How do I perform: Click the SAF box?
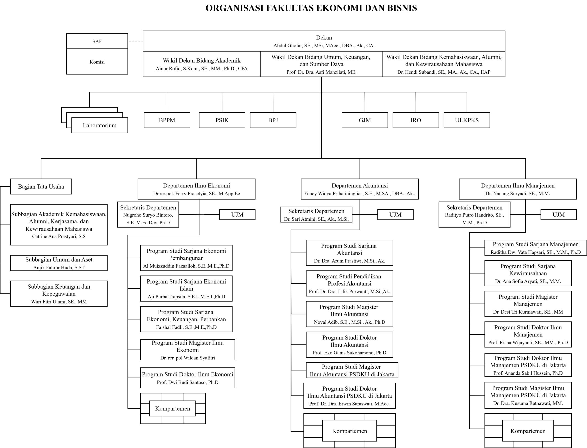(97, 41)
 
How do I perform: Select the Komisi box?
(97, 62)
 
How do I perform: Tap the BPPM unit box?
(167, 120)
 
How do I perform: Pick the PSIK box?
(222, 120)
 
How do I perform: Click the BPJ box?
(273, 120)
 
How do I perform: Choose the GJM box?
(365, 120)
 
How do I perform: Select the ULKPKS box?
(467, 120)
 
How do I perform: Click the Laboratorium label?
(100, 125)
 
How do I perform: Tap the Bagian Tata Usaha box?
(41, 186)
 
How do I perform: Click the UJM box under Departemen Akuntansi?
(395, 214)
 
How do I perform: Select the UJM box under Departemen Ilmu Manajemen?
(559, 214)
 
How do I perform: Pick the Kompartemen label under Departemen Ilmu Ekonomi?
(172, 408)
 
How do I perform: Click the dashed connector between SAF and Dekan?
(136, 41)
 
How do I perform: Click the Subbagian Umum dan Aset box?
(59, 263)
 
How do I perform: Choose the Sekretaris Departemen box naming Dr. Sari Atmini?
(316, 214)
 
